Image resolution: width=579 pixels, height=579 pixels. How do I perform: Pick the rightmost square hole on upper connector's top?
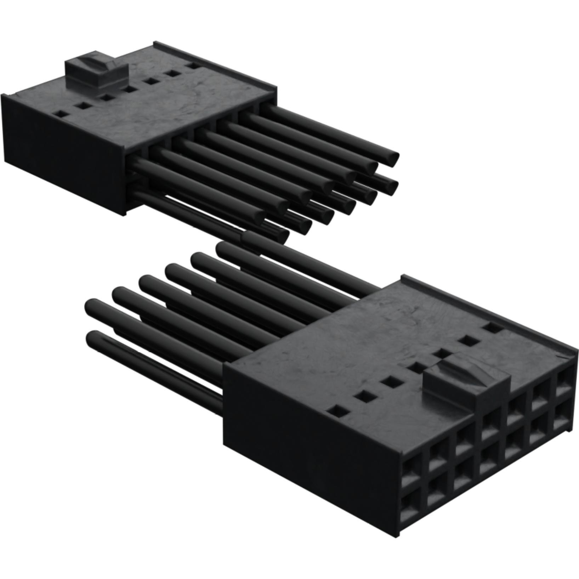[x=193, y=66]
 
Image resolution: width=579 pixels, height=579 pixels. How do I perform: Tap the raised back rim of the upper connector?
[x=212, y=66]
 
